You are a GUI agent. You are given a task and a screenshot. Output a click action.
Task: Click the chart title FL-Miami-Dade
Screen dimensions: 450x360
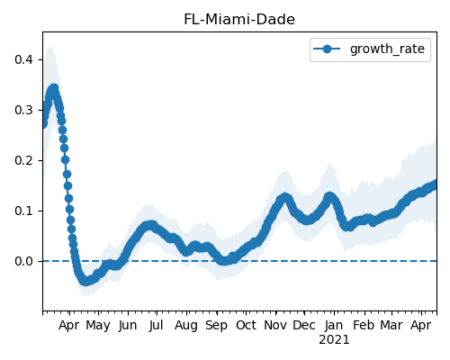pyautogui.click(x=239, y=20)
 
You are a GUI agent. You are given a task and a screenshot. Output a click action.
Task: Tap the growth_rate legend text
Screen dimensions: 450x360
pyautogui.click(x=387, y=49)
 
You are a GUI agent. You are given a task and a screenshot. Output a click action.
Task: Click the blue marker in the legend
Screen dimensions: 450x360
pyautogui.click(x=327, y=49)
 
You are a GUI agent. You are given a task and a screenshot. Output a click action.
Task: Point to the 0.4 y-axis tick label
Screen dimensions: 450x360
pyautogui.click(x=23, y=59)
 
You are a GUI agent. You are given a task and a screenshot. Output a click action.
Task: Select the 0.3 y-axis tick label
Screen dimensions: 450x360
pyautogui.click(x=23, y=110)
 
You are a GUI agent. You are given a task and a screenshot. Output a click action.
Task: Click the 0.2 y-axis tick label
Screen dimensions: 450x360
pyautogui.click(x=23, y=160)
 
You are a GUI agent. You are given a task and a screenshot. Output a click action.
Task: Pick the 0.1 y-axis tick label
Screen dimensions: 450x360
pyautogui.click(x=23, y=211)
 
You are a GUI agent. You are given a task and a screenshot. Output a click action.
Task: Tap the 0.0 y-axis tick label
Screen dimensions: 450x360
pyautogui.click(x=23, y=261)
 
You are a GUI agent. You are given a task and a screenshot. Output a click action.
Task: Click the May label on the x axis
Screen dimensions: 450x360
pyautogui.click(x=98, y=326)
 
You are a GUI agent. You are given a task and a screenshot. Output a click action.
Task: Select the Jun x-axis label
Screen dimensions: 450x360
pyautogui.click(x=128, y=326)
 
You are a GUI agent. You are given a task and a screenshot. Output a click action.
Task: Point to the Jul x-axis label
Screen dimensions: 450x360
pyautogui.click(x=157, y=326)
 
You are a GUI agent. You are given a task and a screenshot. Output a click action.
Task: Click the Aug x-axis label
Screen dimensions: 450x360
pyautogui.click(x=186, y=326)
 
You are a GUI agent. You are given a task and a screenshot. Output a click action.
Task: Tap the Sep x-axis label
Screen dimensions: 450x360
pyautogui.click(x=216, y=326)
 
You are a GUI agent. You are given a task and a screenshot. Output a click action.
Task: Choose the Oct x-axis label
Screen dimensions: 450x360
pyautogui.click(x=246, y=326)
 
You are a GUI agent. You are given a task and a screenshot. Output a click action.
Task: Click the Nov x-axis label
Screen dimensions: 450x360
pyautogui.click(x=275, y=326)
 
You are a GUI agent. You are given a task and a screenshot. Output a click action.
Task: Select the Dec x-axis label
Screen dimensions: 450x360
pyautogui.click(x=304, y=326)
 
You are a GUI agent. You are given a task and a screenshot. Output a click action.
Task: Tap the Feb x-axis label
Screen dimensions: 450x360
pyautogui.click(x=364, y=326)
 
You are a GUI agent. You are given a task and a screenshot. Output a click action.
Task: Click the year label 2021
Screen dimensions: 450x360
pyautogui.click(x=334, y=340)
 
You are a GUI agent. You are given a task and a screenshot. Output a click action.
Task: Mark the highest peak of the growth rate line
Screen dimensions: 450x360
pyautogui.click(x=54, y=88)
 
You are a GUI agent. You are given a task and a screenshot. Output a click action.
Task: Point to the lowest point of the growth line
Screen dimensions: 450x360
pyautogui.click(x=85, y=282)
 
